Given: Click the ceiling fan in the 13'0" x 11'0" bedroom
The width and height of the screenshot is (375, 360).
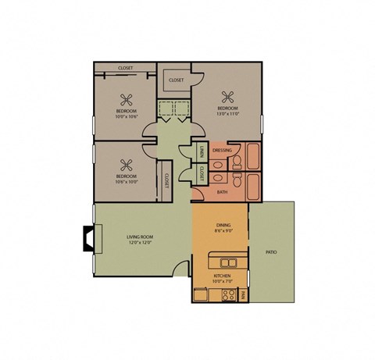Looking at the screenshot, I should click(228, 97).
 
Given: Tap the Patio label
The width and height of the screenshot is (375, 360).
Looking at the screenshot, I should click(271, 252).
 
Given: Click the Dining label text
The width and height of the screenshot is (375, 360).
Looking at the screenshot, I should click(223, 223).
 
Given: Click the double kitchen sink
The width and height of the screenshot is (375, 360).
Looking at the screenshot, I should click(228, 262).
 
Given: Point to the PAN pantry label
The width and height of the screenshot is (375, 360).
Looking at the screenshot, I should click(244, 294).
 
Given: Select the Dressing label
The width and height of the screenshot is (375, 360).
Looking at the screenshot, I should click(221, 150).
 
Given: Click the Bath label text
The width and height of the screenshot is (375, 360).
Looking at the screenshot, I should click(221, 191).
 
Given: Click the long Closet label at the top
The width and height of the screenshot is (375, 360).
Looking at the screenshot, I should click(125, 68).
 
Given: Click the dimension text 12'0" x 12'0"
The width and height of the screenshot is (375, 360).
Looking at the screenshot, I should click(141, 242).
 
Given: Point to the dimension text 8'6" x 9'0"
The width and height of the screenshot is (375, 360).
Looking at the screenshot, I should click(223, 230).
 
